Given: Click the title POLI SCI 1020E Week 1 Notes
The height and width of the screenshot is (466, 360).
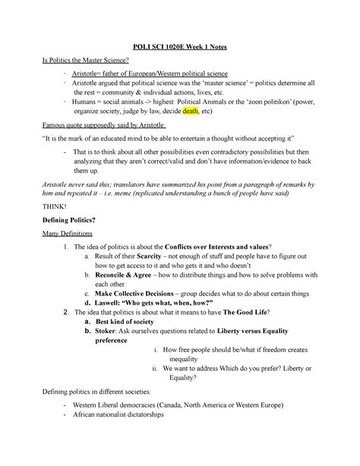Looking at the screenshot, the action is click(181, 47).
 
